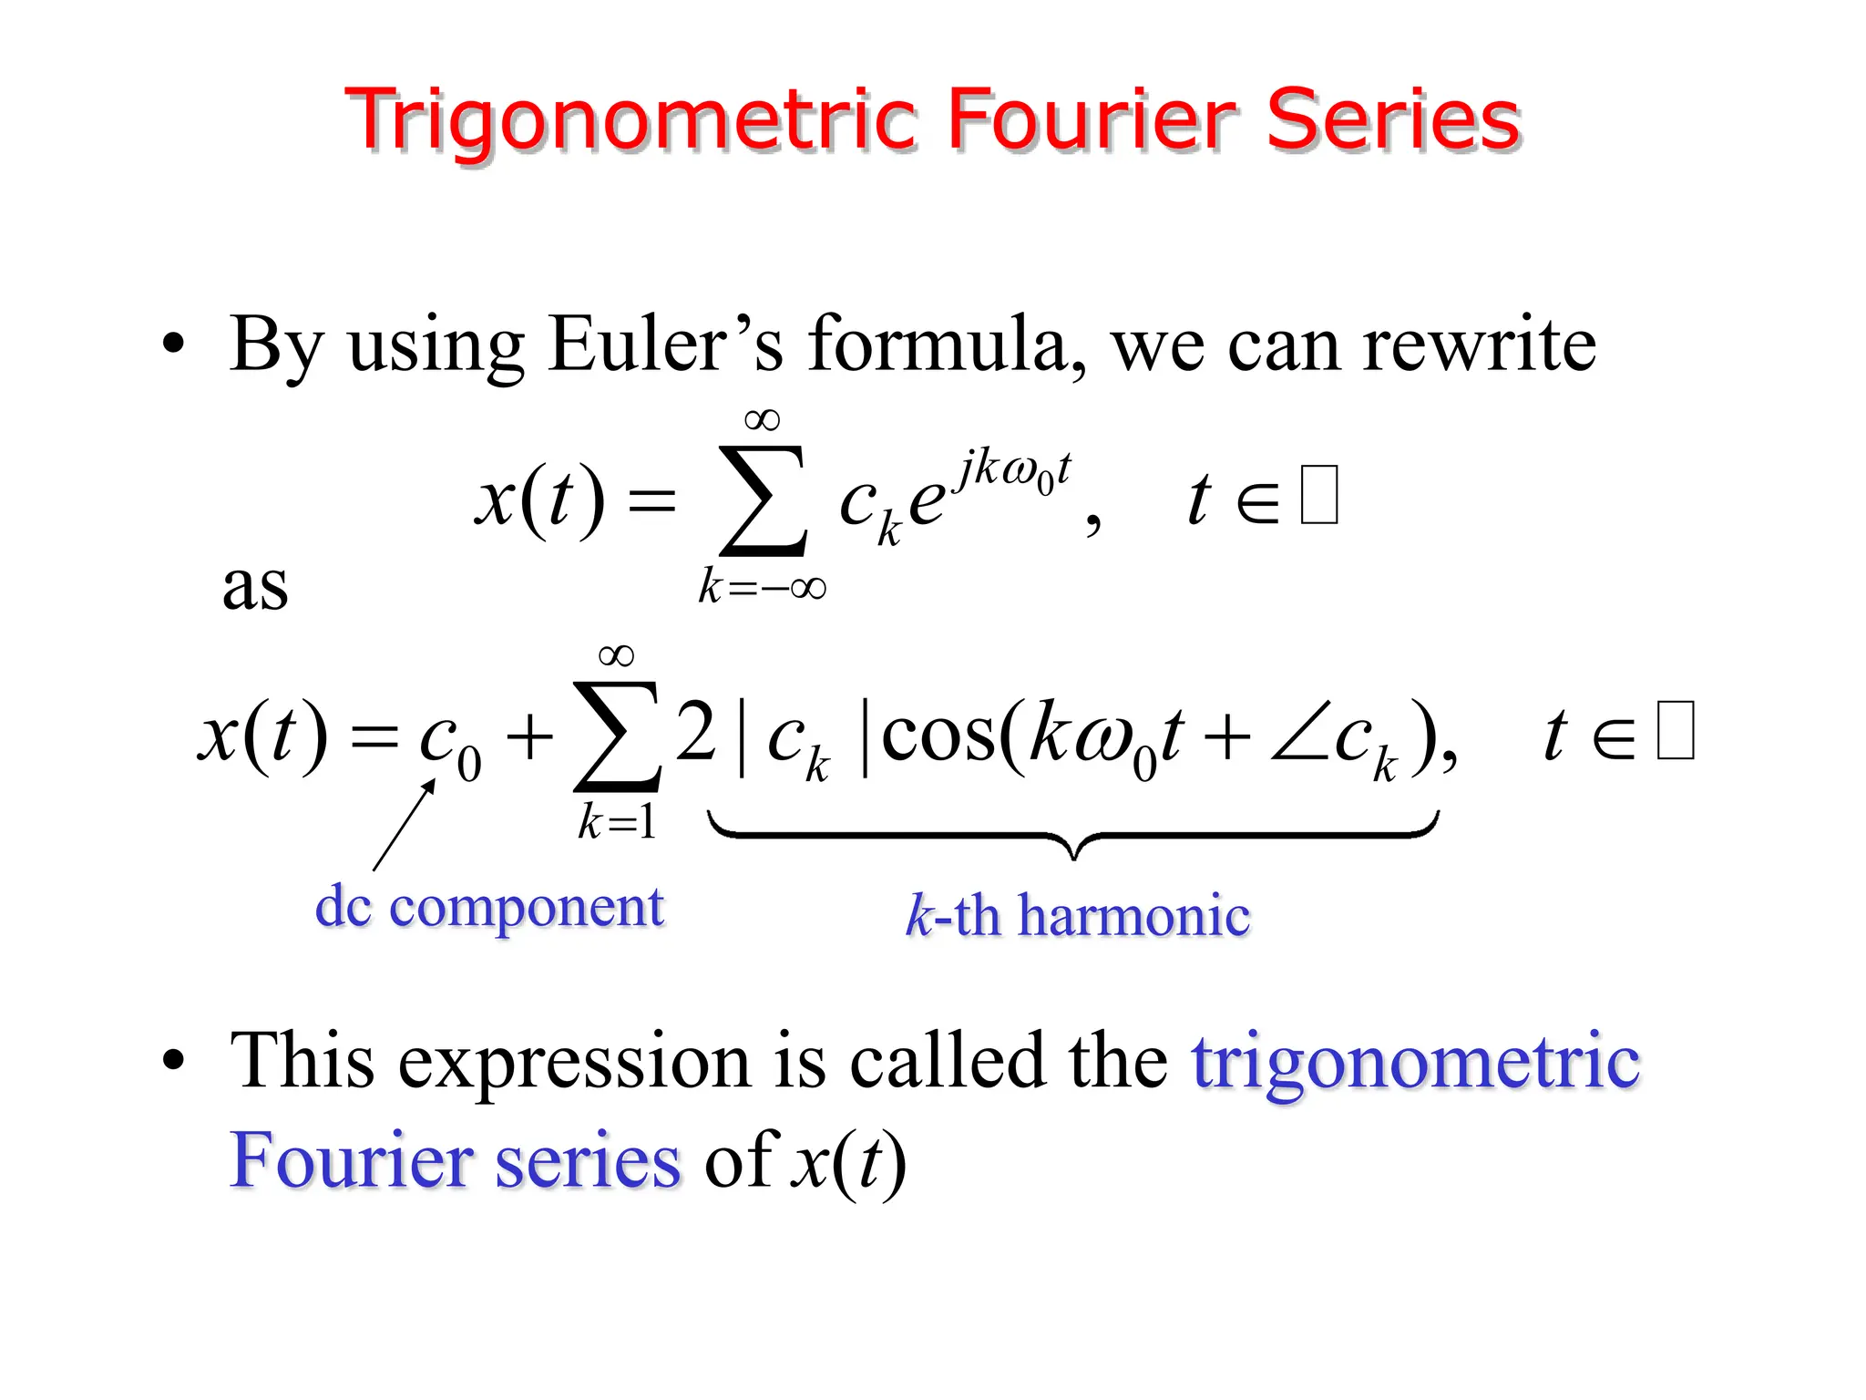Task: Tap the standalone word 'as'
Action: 255,585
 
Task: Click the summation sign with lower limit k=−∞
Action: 763,500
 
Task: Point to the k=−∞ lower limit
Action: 763,586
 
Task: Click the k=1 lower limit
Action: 617,822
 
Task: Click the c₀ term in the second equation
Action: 449,740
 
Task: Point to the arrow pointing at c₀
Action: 404,826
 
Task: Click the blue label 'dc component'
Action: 489,908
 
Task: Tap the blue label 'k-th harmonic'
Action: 1077,915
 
